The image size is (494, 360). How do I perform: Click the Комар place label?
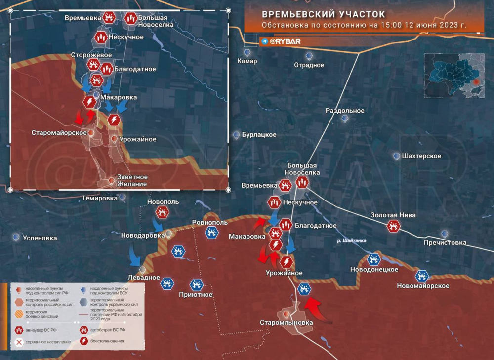(247, 61)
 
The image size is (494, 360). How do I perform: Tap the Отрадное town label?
(309, 65)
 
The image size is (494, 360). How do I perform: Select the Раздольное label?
(345, 111)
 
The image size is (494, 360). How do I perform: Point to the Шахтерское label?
(421, 156)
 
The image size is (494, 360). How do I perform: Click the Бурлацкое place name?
(258, 135)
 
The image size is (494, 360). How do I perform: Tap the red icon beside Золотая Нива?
(394, 226)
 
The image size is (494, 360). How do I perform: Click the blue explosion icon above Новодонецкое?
(374, 259)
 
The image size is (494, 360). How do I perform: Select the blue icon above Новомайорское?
(422, 276)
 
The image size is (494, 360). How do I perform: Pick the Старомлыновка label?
(287, 323)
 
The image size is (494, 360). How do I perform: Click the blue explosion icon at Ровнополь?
(211, 232)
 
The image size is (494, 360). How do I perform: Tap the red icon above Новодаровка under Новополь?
(162, 213)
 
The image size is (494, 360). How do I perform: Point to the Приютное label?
(196, 295)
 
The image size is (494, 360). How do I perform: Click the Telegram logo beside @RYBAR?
(265, 41)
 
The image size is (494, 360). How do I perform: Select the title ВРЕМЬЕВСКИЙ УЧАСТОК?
(323, 14)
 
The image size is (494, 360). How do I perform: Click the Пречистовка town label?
(445, 243)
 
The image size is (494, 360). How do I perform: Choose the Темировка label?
(100, 198)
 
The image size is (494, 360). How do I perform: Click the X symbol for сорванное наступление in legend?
(19, 342)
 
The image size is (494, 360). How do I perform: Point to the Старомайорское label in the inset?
(59, 133)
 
